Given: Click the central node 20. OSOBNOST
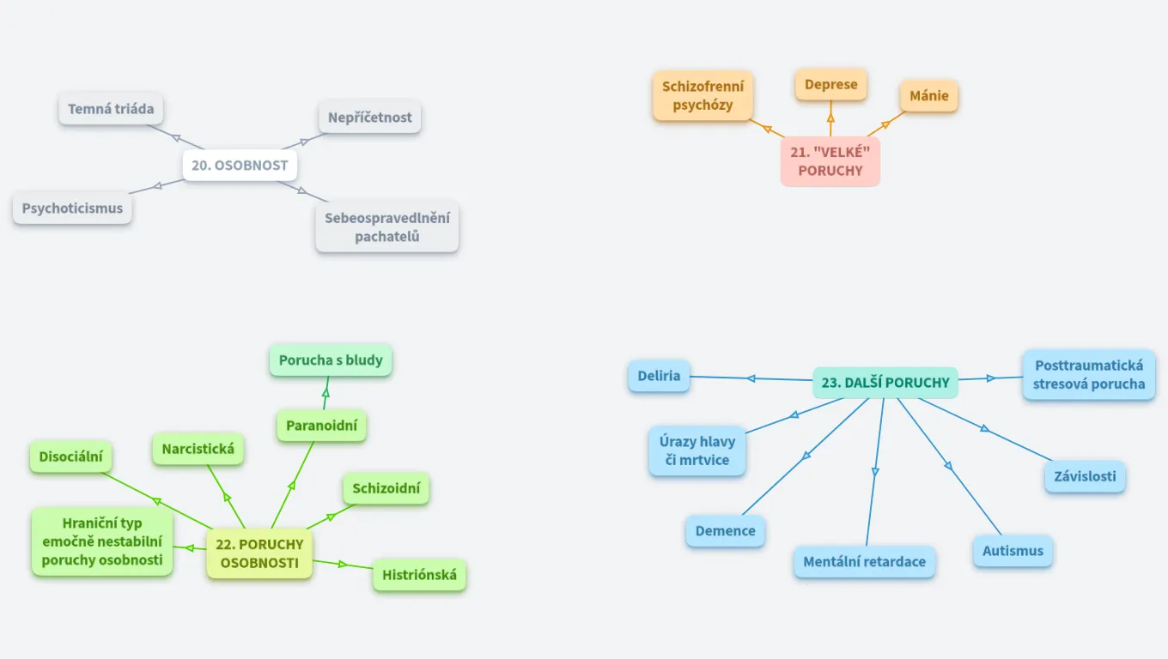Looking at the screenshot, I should pos(240,166).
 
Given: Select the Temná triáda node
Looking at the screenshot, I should pos(112,109).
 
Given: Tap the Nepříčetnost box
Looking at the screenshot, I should pos(370,118).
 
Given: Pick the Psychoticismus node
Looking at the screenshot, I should pos(73,209).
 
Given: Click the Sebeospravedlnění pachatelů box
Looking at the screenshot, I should pos(387,227).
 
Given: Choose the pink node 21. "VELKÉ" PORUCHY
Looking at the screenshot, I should pos(830,161).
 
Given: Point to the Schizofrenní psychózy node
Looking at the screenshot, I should pos(703,96).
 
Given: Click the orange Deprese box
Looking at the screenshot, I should pos(831,85).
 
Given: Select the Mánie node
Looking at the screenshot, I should pos(929,96).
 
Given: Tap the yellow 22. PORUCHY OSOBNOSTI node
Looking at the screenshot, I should pos(259,553).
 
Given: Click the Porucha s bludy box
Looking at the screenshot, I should pos(331,360).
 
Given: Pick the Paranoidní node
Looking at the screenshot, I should pos(322,425).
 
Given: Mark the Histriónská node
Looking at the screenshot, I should pos(419,575).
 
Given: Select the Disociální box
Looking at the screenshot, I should pos(70,457).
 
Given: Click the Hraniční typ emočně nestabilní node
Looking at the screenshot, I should pos(102,541).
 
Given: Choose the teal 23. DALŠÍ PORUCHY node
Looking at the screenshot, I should pos(885,383).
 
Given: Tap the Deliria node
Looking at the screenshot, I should pos(659,376).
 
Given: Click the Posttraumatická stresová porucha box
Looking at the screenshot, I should pos(1089,375).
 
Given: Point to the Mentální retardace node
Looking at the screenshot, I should pos(865,562).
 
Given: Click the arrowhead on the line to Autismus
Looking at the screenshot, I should pos(949,466).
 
